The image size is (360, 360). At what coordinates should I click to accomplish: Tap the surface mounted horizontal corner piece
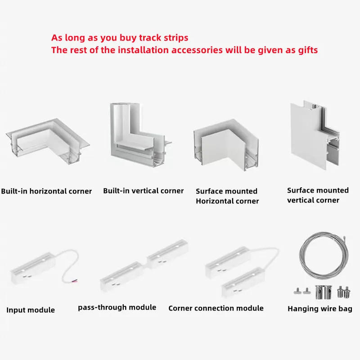[x=226, y=144]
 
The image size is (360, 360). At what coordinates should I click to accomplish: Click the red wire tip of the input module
[x=75, y=281]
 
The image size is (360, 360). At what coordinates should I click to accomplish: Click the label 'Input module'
[x=31, y=310]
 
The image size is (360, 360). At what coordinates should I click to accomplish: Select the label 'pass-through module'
[x=117, y=307]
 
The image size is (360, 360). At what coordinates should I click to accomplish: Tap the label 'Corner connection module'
[x=216, y=308]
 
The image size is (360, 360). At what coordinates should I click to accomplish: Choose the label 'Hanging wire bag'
[x=320, y=309]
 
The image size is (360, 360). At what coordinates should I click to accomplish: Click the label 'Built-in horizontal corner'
[x=46, y=191]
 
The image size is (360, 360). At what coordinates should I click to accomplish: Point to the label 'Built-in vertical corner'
[x=143, y=191]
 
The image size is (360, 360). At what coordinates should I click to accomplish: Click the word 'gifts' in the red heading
[x=308, y=50]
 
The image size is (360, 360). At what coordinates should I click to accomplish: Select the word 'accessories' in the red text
[x=197, y=50]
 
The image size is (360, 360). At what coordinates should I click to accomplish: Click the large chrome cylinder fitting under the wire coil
[x=323, y=292]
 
